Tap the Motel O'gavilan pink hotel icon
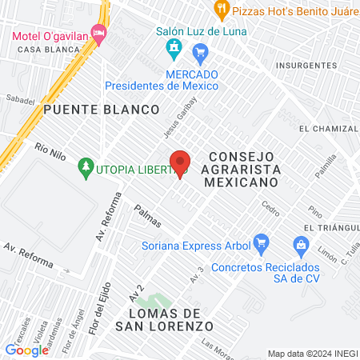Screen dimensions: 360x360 click(99, 34)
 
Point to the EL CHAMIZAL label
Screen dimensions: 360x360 click(326, 128)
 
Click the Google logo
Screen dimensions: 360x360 click(26, 350)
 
